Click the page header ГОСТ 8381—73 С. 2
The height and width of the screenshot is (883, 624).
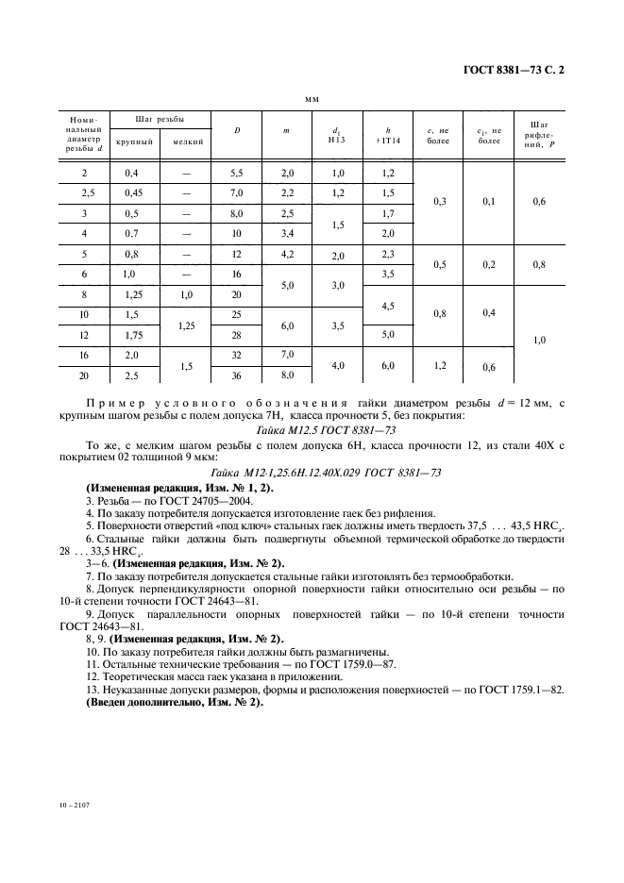[519, 69]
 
